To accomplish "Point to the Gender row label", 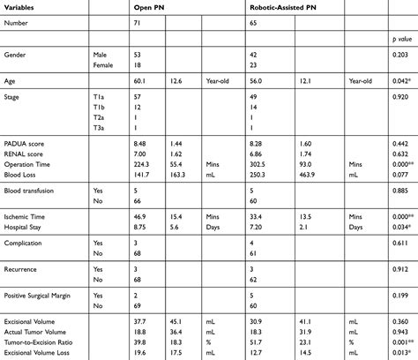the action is tap(17, 55).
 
